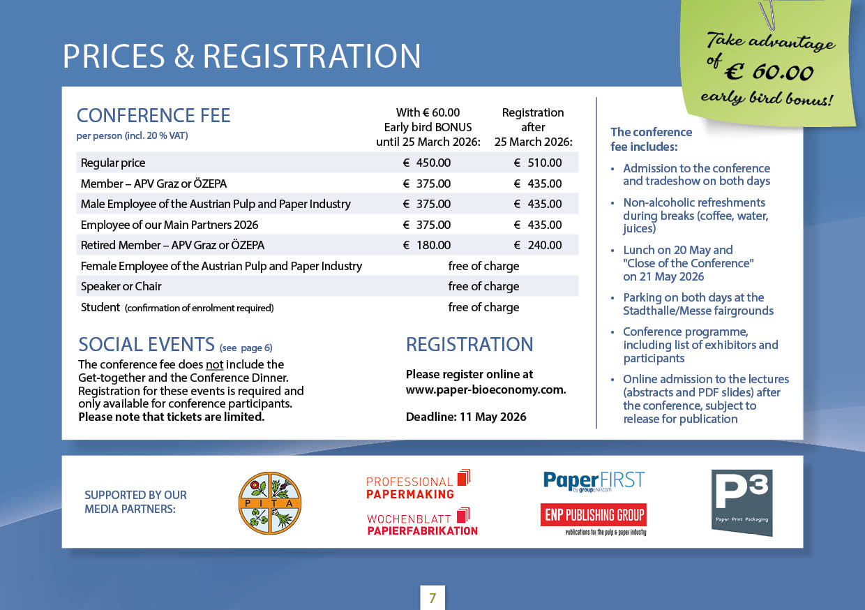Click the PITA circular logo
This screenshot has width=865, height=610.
click(270, 503)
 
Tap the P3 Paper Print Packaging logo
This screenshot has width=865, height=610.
click(742, 503)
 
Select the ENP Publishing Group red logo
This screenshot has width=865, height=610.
click(594, 516)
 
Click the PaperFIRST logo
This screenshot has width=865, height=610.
click(594, 481)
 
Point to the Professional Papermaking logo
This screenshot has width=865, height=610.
click(418, 484)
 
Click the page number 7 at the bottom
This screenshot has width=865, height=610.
click(433, 598)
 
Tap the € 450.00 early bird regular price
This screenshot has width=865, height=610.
click(427, 163)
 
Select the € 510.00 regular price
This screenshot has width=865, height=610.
click(538, 163)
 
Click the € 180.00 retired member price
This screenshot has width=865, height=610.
click(427, 245)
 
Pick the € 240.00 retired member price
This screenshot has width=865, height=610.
click(538, 245)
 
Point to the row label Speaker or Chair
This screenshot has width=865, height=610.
click(121, 286)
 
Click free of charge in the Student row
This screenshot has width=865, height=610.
click(483, 307)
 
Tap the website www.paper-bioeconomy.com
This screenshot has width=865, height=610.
click(486, 389)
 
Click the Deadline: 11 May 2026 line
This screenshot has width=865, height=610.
click(466, 417)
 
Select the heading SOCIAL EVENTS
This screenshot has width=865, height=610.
click(146, 344)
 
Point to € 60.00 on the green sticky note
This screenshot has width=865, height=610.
click(769, 72)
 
